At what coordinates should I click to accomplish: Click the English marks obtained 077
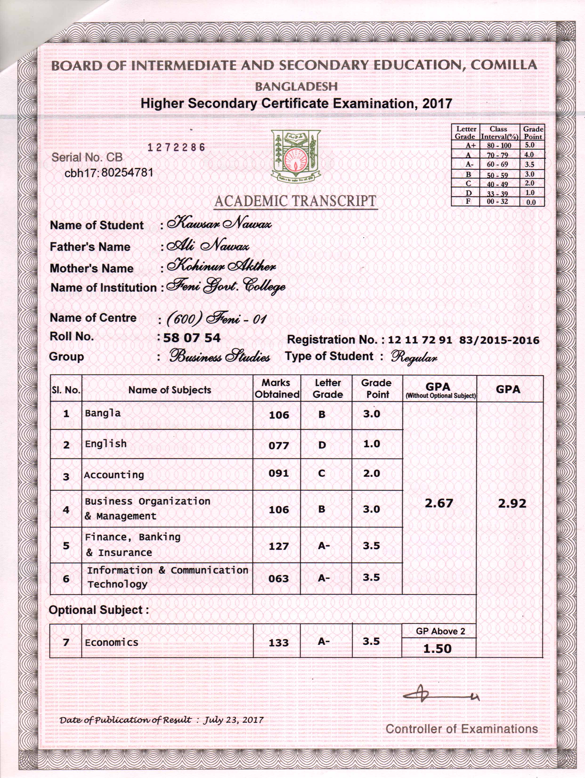tap(279, 446)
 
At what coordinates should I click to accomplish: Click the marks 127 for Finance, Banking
tap(279, 546)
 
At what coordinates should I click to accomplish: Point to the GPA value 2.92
tap(512, 504)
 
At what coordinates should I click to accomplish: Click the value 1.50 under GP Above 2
tap(437, 648)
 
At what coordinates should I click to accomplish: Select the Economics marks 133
tap(279, 643)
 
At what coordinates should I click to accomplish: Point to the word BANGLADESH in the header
tap(296, 87)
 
